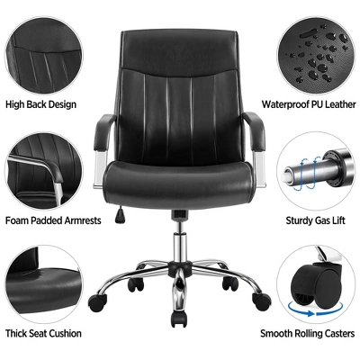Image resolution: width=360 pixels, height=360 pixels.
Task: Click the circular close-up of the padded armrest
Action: coord(40,166)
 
